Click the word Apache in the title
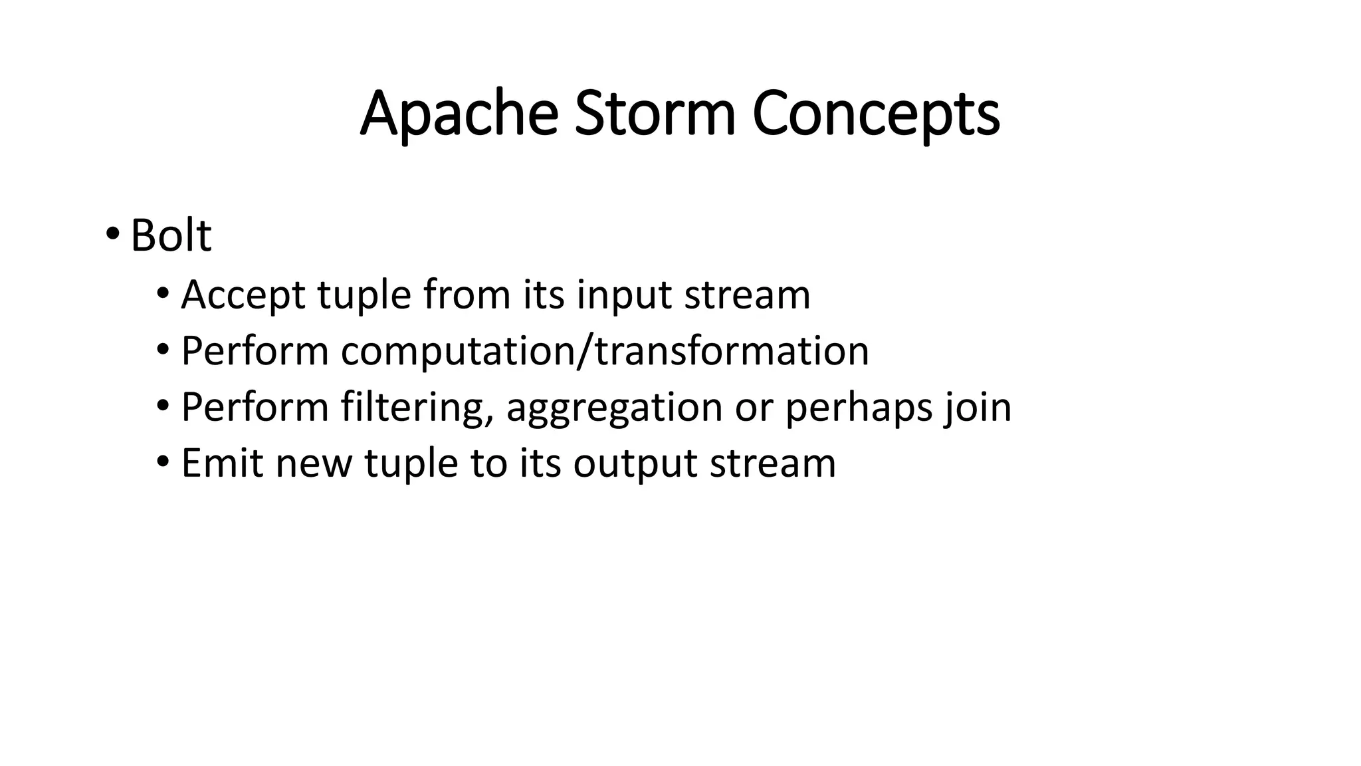click(459, 114)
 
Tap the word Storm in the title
click(655, 114)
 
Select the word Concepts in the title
click(875, 114)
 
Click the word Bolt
click(171, 235)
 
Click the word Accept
click(243, 295)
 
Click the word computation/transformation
click(605, 351)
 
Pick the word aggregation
click(614, 407)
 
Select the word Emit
click(222, 463)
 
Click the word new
click(314, 463)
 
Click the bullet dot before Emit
click(163, 461)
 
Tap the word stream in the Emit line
click(772, 463)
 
